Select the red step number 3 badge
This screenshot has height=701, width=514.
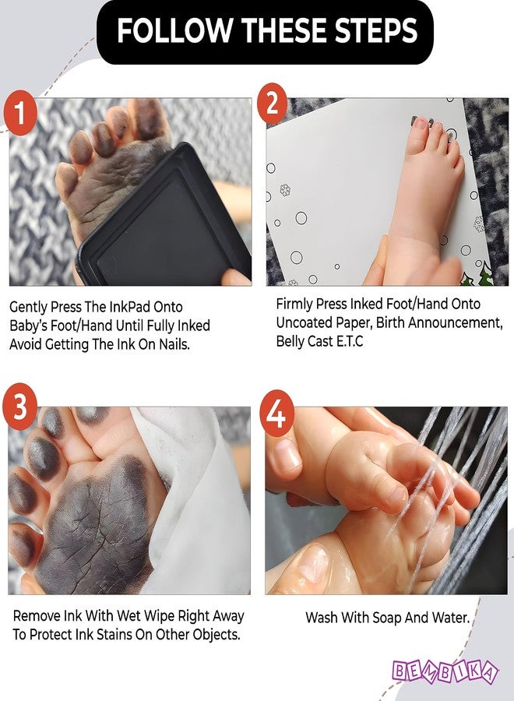point(20,407)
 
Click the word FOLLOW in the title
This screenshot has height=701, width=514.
point(174,31)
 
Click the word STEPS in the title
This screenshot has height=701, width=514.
point(376,31)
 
